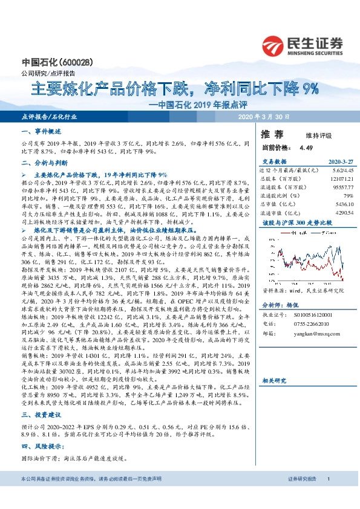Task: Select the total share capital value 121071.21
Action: point(341,180)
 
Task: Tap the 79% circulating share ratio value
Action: point(348,196)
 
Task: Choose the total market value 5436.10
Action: point(342,205)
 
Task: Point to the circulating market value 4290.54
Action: point(342,213)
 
